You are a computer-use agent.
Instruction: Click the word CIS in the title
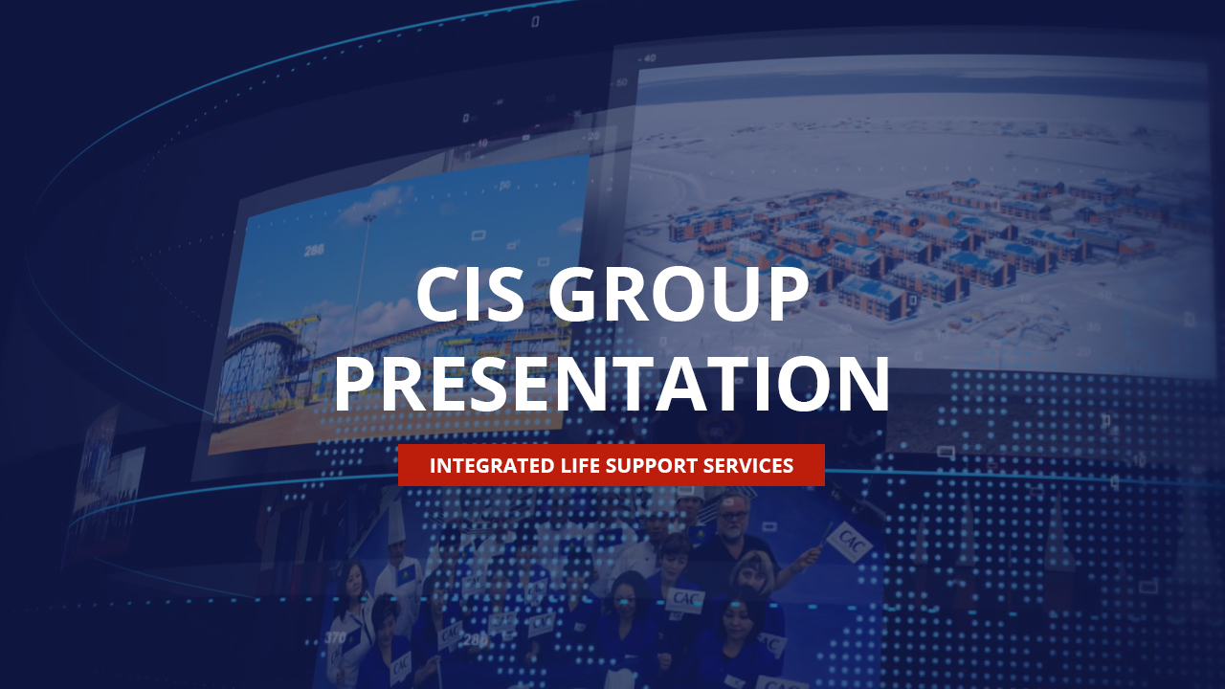pos(470,295)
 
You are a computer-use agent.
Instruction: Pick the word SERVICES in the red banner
pos(748,466)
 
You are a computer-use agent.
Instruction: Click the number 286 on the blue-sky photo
pos(314,251)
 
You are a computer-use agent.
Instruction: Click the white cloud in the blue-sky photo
pos(373,206)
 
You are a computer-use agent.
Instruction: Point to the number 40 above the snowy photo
pos(649,58)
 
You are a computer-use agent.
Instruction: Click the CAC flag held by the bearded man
pos(848,540)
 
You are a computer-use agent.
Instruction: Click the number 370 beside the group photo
pos(335,637)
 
